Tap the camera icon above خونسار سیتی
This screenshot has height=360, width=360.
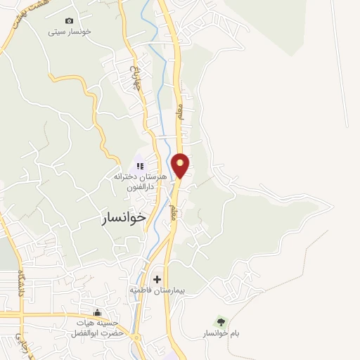point(69,21)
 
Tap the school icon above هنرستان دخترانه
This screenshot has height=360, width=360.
point(140,166)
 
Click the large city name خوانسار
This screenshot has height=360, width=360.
point(123,218)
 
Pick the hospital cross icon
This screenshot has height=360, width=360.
point(156,279)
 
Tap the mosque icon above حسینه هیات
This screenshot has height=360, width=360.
point(98,313)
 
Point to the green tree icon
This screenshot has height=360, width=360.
point(221,321)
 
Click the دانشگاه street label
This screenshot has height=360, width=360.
point(22,284)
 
